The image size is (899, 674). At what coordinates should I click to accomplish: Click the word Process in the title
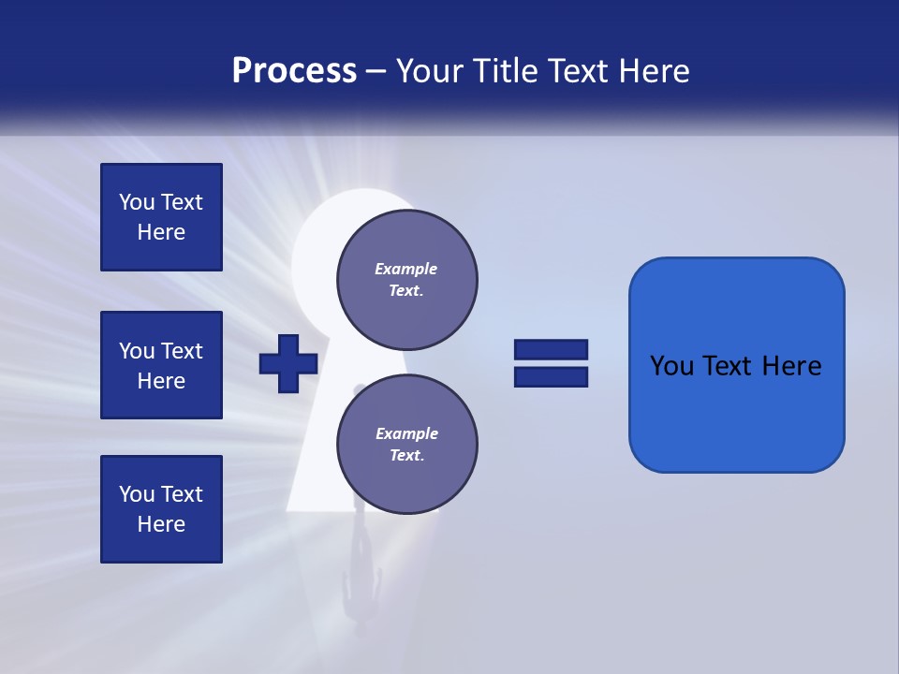pyautogui.click(x=294, y=71)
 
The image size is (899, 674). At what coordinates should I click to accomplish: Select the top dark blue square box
pyautogui.click(x=161, y=217)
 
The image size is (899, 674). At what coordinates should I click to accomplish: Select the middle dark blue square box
pyautogui.click(x=161, y=365)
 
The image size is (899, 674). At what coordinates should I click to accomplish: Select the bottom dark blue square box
pyautogui.click(x=161, y=509)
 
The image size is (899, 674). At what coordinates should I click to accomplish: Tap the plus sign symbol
pyautogui.click(x=288, y=363)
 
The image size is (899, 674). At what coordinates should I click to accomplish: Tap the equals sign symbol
pyautogui.click(x=551, y=363)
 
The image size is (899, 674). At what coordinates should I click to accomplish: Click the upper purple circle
pyautogui.click(x=406, y=280)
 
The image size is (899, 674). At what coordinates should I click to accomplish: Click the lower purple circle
pyautogui.click(x=406, y=445)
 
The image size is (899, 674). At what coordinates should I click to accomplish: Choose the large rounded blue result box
pyautogui.click(x=736, y=365)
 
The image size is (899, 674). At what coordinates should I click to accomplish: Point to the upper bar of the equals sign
pyautogui.click(x=551, y=350)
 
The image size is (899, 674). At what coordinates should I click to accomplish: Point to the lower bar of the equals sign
pyautogui.click(x=551, y=376)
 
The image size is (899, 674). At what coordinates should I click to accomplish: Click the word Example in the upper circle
pyautogui.click(x=406, y=269)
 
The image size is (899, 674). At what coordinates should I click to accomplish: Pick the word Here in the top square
pyautogui.click(x=161, y=232)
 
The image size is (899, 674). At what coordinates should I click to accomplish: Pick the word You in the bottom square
pyautogui.click(x=137, y=494)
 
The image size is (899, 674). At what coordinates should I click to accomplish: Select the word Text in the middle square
pyautogui.click(x=182, y=351)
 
